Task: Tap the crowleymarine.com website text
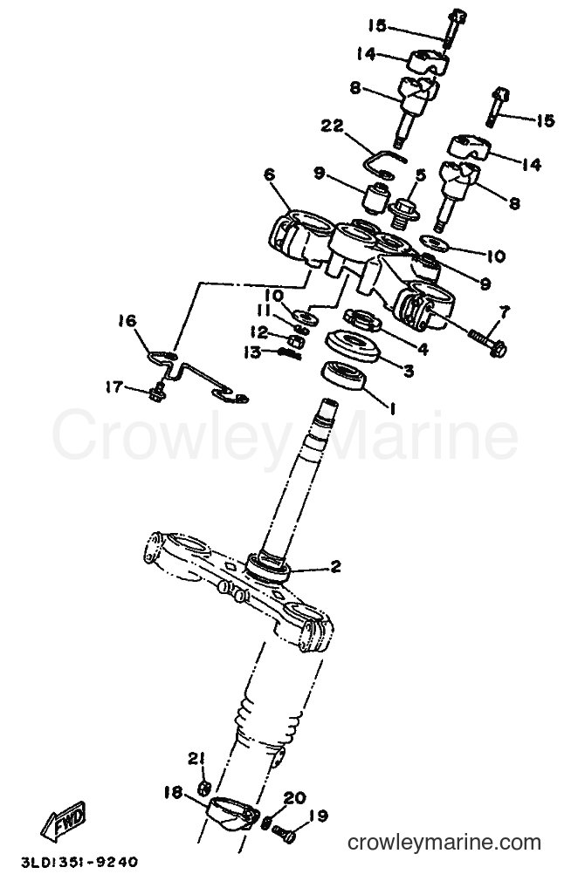pos(444,843)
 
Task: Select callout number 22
pos(332,126)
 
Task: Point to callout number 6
pos(270,174)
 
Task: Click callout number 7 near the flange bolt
pos(504,312)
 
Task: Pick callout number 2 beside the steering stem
pos(335,566)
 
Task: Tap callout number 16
pos(127,321)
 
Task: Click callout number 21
pos(196,759)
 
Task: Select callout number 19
pos(319,816)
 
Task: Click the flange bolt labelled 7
pos(487,342)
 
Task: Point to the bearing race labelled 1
pos(343,376)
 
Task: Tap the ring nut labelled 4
pos(362,320)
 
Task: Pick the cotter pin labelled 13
pos(290,353)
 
